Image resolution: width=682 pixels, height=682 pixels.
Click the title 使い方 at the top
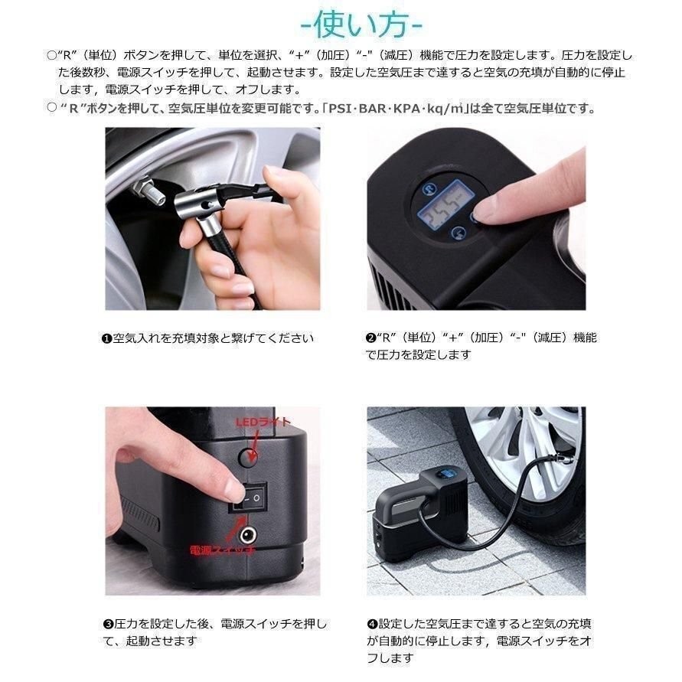point(361,25)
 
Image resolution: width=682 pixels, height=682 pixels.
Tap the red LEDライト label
point(263,422)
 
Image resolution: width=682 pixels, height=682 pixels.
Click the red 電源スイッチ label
point(222,550)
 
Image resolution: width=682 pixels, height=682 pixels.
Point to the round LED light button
point(248,457)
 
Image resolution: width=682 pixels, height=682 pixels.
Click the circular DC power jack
point(247,534)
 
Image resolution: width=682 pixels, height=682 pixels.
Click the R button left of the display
point(430,189)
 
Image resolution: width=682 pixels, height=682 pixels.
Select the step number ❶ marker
point(107,338)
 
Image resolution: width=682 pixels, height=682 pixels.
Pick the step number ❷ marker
point(370,338)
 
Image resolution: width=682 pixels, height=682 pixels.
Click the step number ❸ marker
point(108,625)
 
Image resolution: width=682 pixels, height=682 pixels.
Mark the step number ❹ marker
point(372,625)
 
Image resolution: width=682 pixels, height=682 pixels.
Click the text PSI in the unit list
point(342,109)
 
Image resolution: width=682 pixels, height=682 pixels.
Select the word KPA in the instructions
point(406,109)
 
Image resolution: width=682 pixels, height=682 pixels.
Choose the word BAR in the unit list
point(374,109)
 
